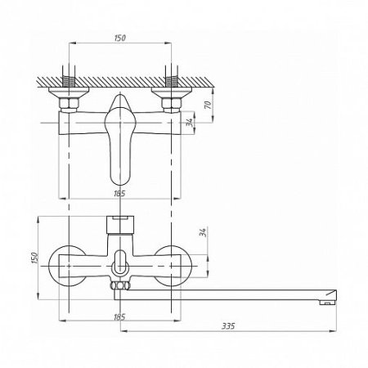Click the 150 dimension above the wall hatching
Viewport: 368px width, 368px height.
point(120,38)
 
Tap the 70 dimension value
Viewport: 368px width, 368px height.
point(208,105)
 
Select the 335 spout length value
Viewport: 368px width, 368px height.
point(228,326)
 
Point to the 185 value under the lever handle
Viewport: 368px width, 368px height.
point(119,193)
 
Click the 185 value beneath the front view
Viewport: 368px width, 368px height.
point(119,316)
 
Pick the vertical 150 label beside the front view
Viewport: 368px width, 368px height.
point(34,258)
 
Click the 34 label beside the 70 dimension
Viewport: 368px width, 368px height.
point(191,122)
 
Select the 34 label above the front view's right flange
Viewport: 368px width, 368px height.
point(203,232)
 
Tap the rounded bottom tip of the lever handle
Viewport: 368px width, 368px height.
point(119,183)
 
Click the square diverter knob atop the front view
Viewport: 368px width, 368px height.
point(120,225)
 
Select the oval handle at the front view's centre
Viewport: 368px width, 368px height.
point(120,263)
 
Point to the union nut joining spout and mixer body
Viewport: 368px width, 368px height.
point(120,285)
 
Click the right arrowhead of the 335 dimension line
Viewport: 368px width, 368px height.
point(334,331)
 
